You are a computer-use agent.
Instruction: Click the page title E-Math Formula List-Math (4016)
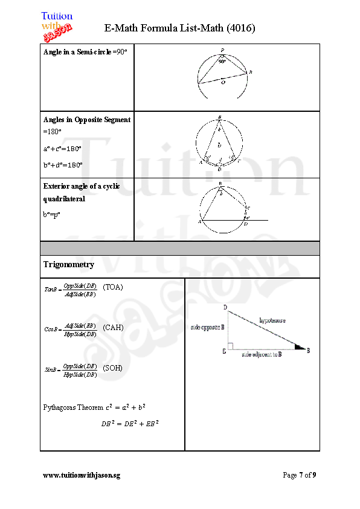180,28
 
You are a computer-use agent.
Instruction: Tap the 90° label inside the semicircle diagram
222,61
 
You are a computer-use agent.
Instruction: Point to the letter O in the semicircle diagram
223,83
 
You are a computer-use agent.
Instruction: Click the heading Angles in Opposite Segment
87,120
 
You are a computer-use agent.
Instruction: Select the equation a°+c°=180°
63,148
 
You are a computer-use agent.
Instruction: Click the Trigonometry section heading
69,265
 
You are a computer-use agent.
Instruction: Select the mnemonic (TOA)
113,287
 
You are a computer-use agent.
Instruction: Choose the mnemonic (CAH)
113,328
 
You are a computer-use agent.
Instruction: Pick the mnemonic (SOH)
113,368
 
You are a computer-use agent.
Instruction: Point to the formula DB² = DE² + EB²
129,423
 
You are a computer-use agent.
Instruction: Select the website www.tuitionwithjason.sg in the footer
82,475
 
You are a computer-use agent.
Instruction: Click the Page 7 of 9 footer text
299,475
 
